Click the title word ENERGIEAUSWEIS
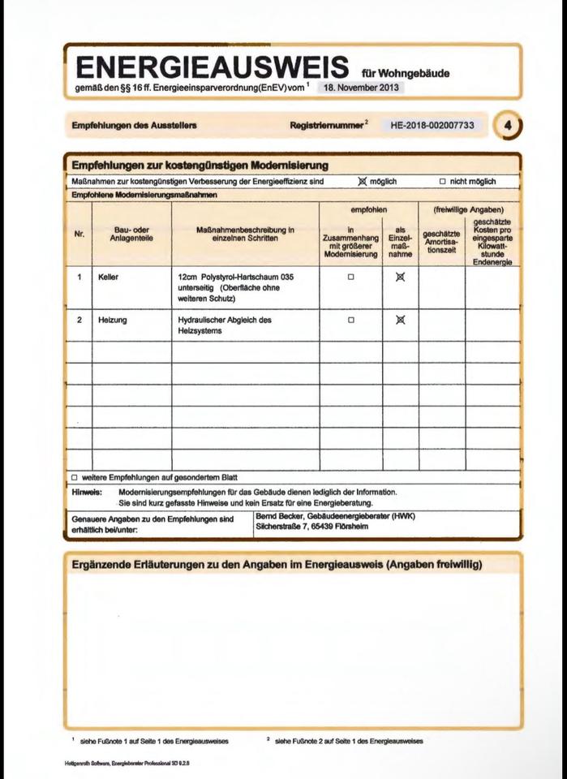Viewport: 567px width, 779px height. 211,67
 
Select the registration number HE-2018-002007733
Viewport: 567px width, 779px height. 432,126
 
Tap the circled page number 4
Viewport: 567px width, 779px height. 508,126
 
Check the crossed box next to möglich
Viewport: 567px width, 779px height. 363,181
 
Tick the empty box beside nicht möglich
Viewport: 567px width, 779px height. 443,182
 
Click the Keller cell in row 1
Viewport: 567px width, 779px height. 108,277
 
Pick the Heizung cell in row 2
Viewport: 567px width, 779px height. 113,320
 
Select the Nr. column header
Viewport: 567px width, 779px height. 79,235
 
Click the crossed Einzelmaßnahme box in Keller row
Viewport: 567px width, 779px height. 400,277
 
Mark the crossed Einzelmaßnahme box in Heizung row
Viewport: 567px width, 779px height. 400,320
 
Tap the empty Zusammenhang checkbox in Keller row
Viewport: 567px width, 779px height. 351,277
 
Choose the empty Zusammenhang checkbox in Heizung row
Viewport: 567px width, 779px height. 351,320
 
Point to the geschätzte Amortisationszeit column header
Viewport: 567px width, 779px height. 441,240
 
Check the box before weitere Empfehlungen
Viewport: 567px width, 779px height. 75,477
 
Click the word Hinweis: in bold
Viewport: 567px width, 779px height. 86,492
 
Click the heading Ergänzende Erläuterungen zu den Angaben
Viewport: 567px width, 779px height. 277,565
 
